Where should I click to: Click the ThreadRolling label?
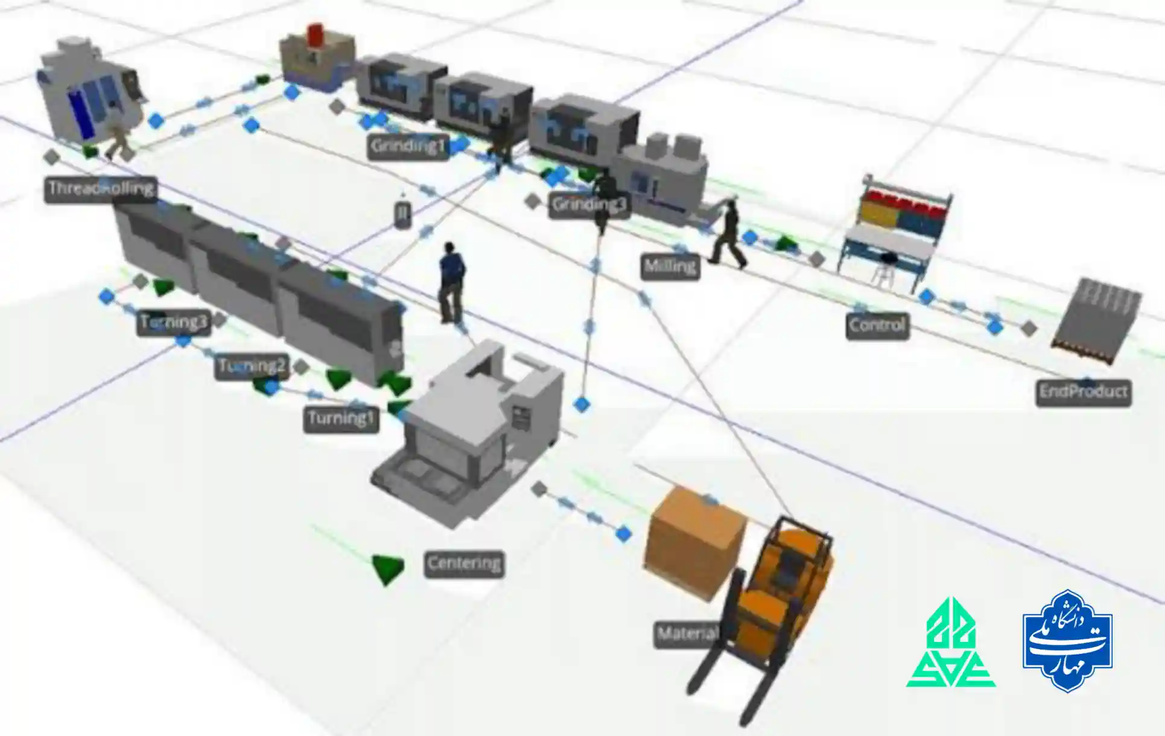tap(100, 189)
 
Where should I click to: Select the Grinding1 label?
tap(408, 147)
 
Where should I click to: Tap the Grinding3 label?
tap(589, 205)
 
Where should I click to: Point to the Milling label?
tap(670, 267)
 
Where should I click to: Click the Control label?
tap(877, 326)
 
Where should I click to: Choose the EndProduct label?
tap(1083, 392)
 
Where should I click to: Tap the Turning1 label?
tap(341, 419)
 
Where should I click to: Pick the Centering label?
tap(463, 564)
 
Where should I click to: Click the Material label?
tap(687, 634)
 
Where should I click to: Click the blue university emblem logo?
tap(1067, 641)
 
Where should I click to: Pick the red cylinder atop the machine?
tap(316, 34)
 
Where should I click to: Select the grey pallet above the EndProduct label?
tap(1095, 320)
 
